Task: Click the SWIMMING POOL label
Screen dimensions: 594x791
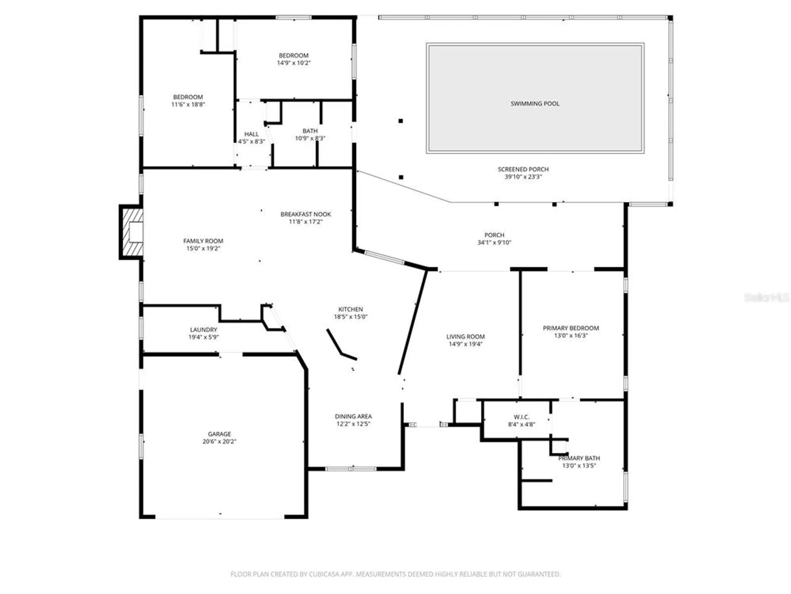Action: pos(535,104)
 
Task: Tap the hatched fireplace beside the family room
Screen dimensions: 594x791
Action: pos(132,232)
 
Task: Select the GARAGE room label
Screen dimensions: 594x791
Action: pos(219,434)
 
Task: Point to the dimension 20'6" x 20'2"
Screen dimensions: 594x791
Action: pos(219,442)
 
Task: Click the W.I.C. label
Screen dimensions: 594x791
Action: pos(521,417)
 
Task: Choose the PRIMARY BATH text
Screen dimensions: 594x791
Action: pos(579,458)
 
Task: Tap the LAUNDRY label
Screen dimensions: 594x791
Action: pos(203,329)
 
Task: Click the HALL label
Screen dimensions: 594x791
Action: pos(251,134)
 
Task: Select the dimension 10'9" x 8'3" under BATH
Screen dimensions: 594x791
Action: pos(310,138)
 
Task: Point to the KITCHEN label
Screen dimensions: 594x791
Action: pos(350,309)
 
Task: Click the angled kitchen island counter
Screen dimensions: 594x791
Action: pos(340,346)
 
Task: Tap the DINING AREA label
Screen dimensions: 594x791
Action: pos(353,416)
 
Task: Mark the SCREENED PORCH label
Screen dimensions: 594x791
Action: pos(523,169)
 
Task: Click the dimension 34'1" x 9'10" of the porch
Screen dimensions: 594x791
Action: pos(494,242)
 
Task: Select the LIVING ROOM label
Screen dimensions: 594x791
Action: pos(465,337)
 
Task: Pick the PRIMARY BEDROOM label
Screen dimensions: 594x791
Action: pos(570,328)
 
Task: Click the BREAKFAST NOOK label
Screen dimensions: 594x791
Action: pos(305,214)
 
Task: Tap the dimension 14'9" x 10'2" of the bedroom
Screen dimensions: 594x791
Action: pos(293,63)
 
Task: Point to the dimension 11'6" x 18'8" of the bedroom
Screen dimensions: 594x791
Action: pos(188,105)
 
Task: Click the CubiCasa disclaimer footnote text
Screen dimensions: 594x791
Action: pos(395,574)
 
